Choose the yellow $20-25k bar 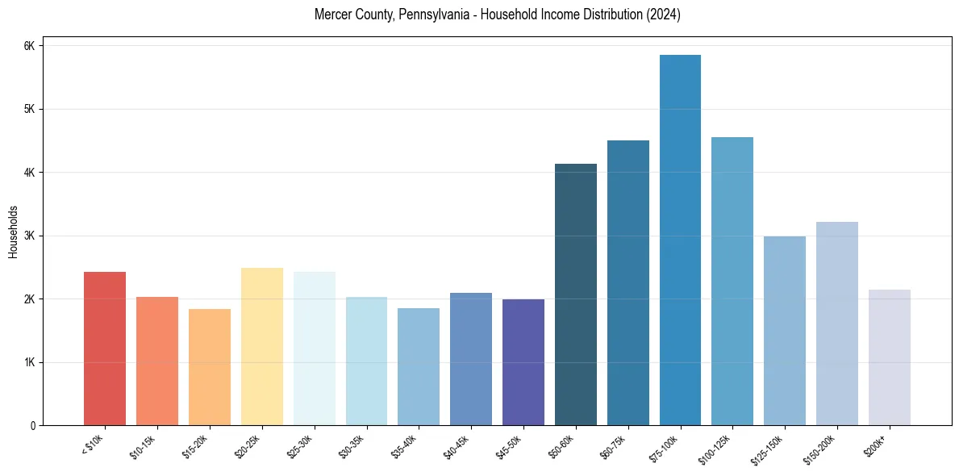(262, 347)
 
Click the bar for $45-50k (523, 362)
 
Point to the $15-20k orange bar (210, 367)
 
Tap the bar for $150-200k (836, 324)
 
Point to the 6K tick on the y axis (30, 46)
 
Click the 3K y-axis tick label (30, 236)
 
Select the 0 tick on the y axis (32, 425)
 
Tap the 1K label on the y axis (30, 362)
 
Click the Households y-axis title (14, 232)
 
